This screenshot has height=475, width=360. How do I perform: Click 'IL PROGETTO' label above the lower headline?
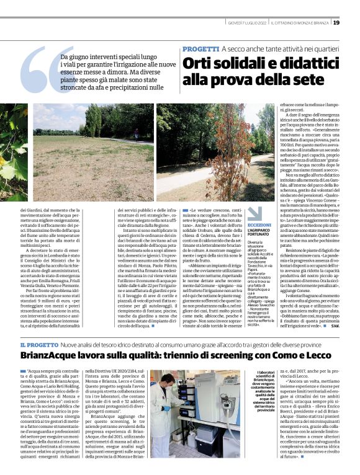tap(39, 345)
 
